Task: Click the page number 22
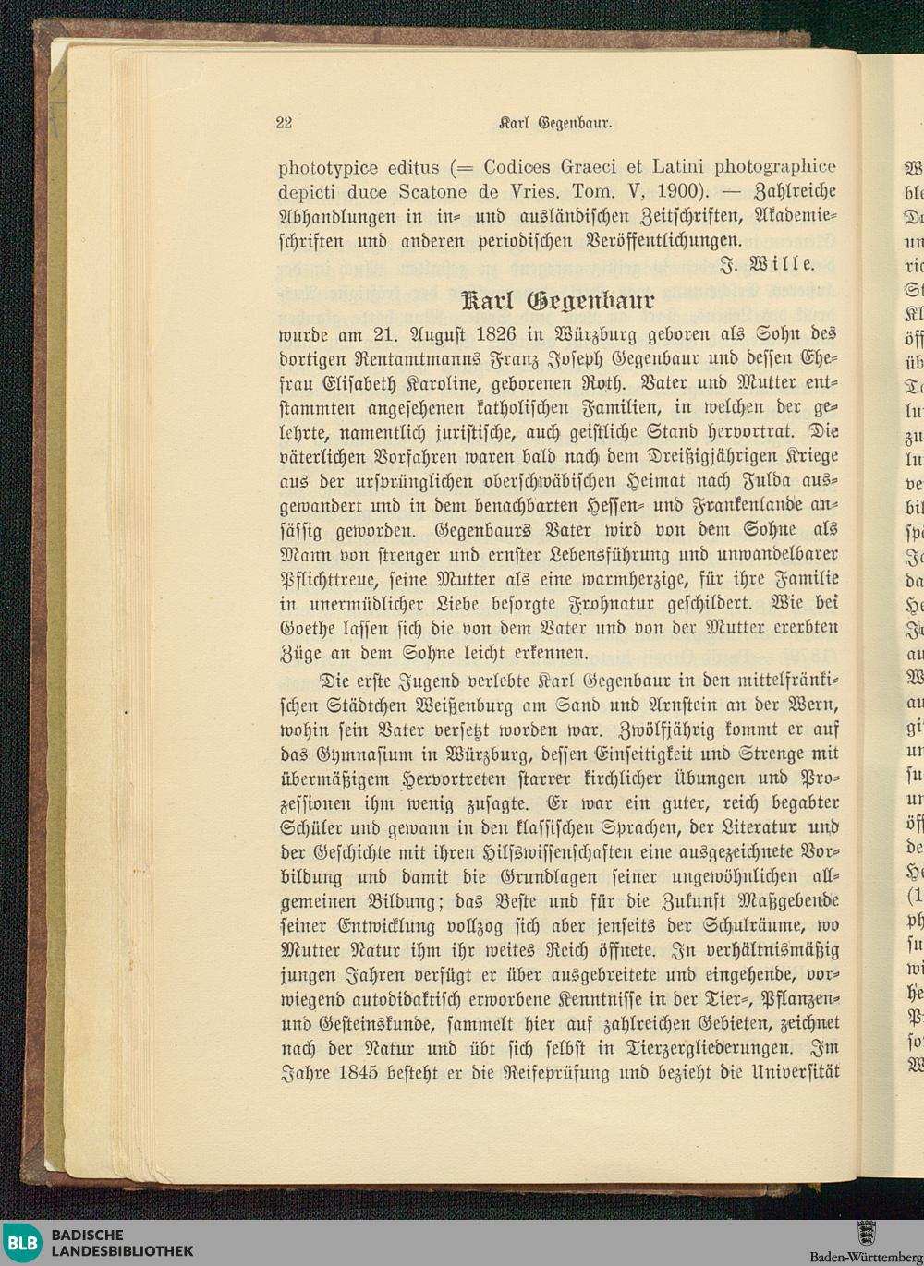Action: [x=284, y=122]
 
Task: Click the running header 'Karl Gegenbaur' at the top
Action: [x=556, y=122]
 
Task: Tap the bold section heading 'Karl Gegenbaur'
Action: [x=557, y=300]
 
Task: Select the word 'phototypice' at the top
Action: [x=328, y=168]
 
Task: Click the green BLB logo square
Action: [x=21, y=1243]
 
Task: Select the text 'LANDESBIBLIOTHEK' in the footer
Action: [x=122, y=1251]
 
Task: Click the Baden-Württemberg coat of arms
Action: [x=866, y=1233]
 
